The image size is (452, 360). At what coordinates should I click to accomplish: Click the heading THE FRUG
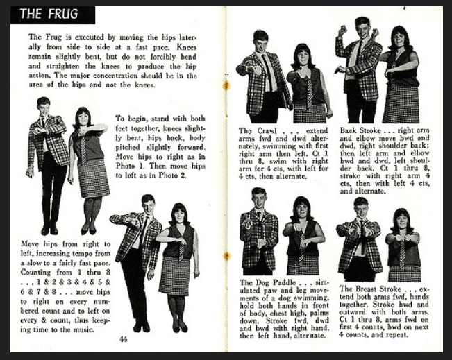[49, 14]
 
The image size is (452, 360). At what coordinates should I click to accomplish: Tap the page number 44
[123, 339]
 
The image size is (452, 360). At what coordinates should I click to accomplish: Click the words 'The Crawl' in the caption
[257, 131]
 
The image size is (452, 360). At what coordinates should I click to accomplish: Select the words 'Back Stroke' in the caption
[360, 130]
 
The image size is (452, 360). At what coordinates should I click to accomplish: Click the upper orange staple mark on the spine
[226, 85]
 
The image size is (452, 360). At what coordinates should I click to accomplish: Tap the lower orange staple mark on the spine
[227, 256]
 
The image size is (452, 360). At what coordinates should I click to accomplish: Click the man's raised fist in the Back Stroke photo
[342, 30]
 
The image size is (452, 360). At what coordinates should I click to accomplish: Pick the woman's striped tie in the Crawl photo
[310, 92]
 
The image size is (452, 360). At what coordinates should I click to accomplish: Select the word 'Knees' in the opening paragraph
[187, 47]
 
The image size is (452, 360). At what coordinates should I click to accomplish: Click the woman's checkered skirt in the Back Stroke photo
[401, 103]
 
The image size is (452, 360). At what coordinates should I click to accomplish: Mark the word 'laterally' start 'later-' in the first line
[187, 37]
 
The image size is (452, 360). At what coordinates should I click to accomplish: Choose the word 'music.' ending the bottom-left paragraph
[85, 329]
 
